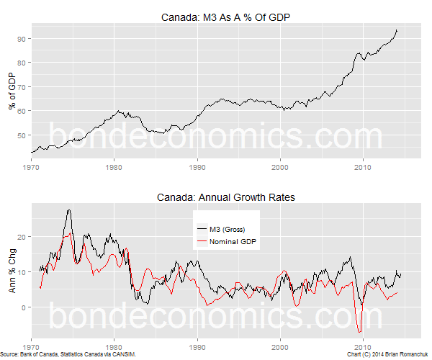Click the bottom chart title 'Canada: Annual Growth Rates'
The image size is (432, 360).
225,197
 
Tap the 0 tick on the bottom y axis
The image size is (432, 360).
24,307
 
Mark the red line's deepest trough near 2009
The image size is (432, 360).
359,331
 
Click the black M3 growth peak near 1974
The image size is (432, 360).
68,210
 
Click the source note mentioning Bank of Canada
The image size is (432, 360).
68,355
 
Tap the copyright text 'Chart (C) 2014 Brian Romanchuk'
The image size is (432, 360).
387,355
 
